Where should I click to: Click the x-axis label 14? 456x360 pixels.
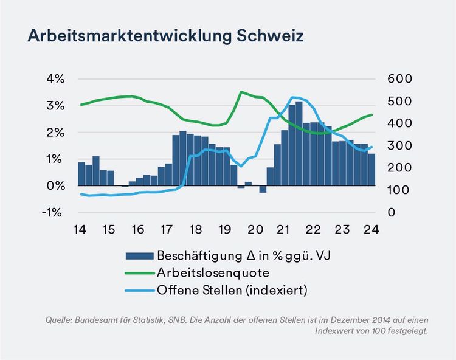click(x=79, y=230)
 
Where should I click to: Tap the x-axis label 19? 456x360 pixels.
click(x=224, y=230)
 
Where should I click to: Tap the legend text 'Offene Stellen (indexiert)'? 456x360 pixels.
click(x=232, y=291)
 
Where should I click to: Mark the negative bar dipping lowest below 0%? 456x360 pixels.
click(x=263, y=189)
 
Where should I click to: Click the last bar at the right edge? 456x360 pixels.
click(x=371, y=170)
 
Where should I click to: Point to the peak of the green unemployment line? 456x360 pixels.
click(x=241, y=92)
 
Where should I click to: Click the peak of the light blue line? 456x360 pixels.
click(x=294, y=97)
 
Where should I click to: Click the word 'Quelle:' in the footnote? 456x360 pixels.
click(x=59, y=320)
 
